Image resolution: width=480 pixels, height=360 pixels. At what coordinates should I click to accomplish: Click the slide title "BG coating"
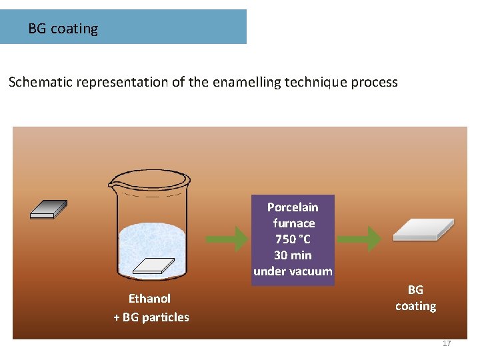point(63,29)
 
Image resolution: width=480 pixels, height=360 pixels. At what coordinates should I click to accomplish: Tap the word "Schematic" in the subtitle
point(41,83)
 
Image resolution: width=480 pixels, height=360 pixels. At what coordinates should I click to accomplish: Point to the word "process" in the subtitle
point(373,83)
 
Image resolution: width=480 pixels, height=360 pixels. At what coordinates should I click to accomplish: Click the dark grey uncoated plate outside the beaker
point(49,209)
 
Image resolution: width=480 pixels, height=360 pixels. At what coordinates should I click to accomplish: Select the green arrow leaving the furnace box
point(359,239)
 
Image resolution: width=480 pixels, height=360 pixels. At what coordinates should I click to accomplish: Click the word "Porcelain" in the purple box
point(293,207)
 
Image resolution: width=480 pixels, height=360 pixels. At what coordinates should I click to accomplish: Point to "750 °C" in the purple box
point(293,239)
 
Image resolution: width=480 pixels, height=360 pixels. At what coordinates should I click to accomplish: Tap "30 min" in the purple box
point(293,255)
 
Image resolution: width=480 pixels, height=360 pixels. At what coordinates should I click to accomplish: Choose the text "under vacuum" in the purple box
point(293,271)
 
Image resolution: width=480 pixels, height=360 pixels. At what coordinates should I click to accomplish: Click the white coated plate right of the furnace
point(423,229)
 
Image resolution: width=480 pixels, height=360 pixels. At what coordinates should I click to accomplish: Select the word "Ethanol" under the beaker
point(149,299)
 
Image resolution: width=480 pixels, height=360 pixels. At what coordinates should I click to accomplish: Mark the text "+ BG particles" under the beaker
point(151,317)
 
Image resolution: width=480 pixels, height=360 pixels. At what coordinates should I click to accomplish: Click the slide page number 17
point(447,343)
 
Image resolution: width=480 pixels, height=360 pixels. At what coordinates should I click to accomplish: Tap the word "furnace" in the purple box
point(293,223)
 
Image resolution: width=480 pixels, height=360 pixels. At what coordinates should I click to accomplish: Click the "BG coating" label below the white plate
point(415,298)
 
